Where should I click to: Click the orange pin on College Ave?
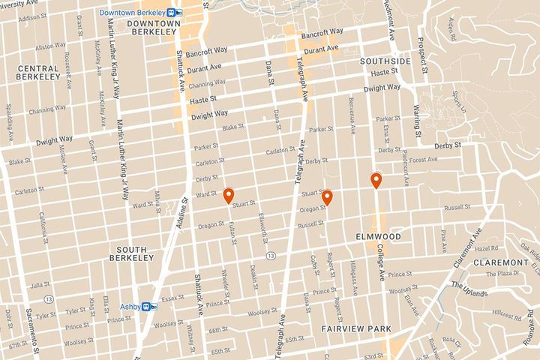376,180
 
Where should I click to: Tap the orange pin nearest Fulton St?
229,195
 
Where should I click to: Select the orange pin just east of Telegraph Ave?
327,198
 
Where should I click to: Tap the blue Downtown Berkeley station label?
132,13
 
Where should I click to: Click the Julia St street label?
39,285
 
